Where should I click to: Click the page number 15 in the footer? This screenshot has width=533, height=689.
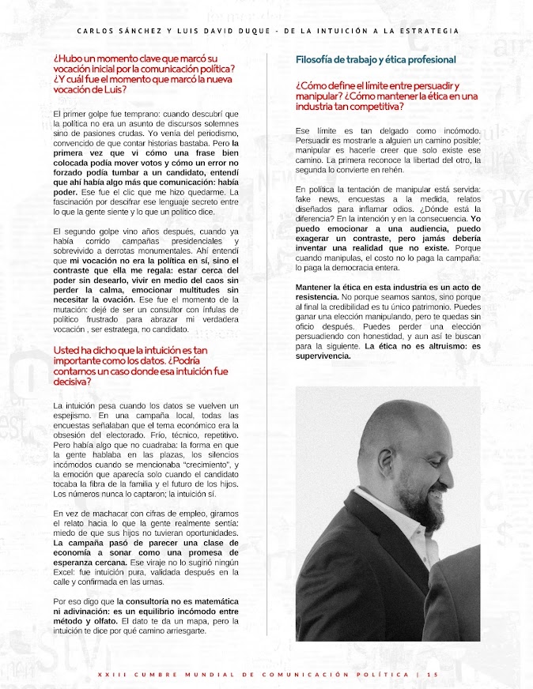pos(432,674)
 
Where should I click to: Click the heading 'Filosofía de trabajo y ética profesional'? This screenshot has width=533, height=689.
pos(376,59)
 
